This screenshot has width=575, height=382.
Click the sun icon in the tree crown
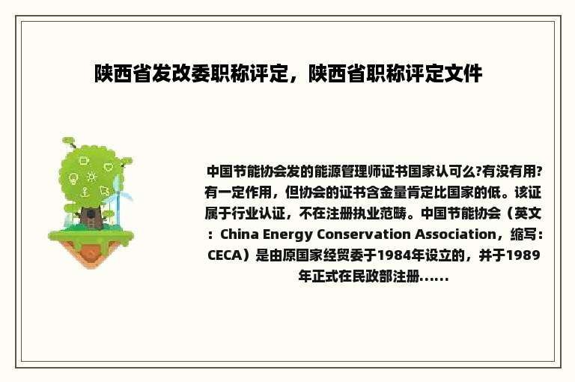point(92,178)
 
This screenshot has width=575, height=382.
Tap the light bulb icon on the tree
point(73,179)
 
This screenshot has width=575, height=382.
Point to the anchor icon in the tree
point(85,192)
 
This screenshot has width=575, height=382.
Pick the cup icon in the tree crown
point(84,160)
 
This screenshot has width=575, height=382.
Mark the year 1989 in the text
point(523,255)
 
